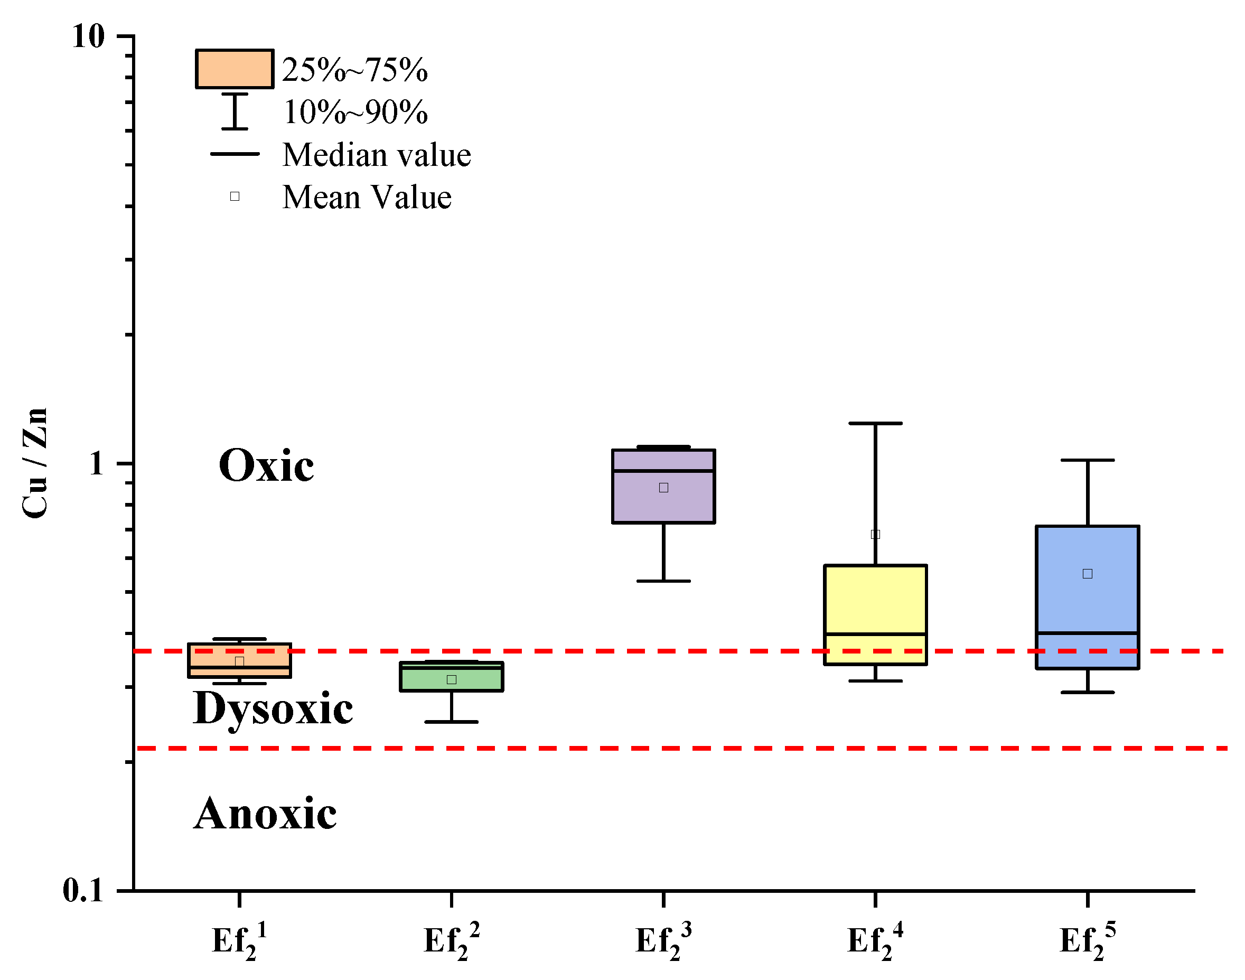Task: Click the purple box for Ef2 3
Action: pos(663,505)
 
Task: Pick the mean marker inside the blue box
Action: pos(1087,574)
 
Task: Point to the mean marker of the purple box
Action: pos(664,488)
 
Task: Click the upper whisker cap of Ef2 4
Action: pos(876,424)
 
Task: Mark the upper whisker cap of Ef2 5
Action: pos(1087,460)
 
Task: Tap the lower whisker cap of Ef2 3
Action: pos(664,581)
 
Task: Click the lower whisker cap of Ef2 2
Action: pos(452,722)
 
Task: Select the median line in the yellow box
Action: pos(876,634)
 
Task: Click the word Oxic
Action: pos(266,465)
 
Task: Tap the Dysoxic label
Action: pos(273,709)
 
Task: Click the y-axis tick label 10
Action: pos(88,37)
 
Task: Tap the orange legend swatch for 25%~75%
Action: pos(235,69)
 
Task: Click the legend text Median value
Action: pos(377,155)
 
